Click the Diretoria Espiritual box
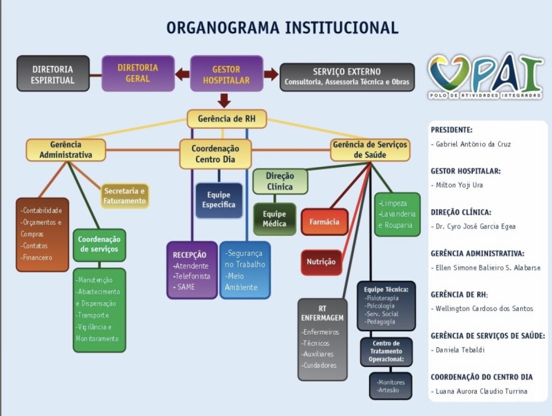click(x=52, y=74)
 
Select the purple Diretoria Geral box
click(x=137, y=73)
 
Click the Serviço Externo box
click(x=347, y=77)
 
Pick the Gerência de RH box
click(x=226, y=119)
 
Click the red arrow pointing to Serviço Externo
click(x=270, y=74)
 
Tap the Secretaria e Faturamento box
click(x=125, y=196)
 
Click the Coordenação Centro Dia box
click(x=215, y=155)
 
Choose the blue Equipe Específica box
click(x=218, y=200)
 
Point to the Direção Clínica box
click(x=279, y=182)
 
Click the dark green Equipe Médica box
click(x=274, y=219)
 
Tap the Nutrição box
click(x=321, y=262)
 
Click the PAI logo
click(x=485, y=76)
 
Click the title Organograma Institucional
click(x=282, y=28)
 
